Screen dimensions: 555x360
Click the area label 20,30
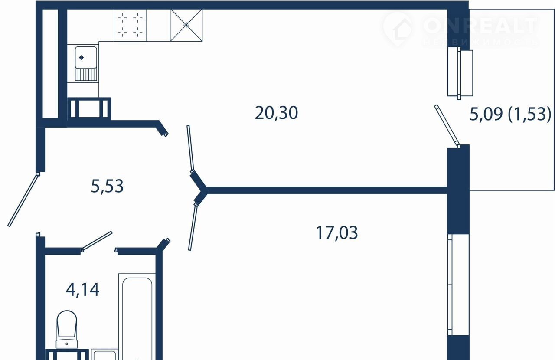tap(276, 113)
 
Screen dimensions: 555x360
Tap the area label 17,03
tap(337, 232)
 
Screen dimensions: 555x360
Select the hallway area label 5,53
tap(107, 186)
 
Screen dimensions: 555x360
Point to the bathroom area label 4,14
tap(82, 289)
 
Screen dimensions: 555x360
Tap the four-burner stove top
tap(130, 25)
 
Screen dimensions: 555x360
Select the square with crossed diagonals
tap(186, 25)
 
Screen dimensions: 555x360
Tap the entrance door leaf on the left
tap(24, 200)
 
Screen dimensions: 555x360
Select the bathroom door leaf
tap(97, 241)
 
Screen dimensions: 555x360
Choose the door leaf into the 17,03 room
tap(193, 226)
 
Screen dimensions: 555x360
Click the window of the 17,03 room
tap(458, 285)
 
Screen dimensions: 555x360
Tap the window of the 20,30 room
tap(460, 73)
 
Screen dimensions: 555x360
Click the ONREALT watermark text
tap(481, 25)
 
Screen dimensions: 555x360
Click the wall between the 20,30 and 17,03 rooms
tap(327, 190)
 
